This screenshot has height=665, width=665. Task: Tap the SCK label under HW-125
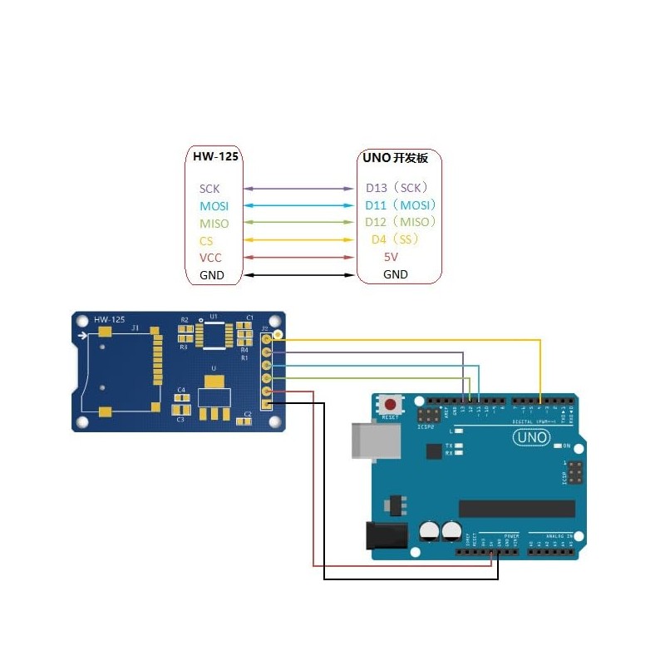click(x=209, y=190)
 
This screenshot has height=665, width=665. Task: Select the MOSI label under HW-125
click(x=214, y=206)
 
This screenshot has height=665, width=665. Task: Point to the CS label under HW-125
click(x=206, y=241)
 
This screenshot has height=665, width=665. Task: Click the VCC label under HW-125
click(x=210, y=258)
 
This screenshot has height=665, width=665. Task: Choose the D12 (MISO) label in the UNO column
click(x=401, y=222)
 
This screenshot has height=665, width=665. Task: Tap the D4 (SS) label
click(x=394, y=239)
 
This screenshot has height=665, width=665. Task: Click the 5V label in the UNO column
click(x=391, y=258)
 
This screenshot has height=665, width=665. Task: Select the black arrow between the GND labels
click(x=299, y=275)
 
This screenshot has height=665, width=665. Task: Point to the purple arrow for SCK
click(x=299, y=190)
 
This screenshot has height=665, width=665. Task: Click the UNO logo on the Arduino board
click(x=530, y=437)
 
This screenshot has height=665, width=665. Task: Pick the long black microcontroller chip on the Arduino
click(x=516, y=509)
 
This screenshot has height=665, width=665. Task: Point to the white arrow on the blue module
click(x=81, y=336)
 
